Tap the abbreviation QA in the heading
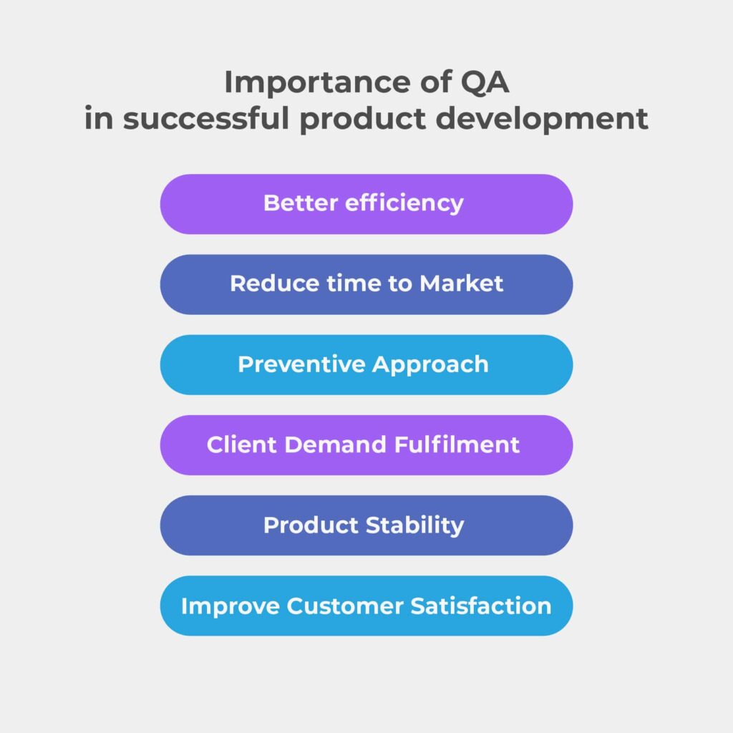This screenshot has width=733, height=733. [485, 82]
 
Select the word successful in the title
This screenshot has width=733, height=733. [206, 118]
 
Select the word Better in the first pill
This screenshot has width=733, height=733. [301, 203]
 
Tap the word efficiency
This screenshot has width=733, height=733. [404, 204]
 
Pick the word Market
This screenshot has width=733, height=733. [462, 283]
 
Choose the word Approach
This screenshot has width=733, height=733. [430, 365]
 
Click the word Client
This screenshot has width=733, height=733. [242, 444]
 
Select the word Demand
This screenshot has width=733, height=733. [335, 444]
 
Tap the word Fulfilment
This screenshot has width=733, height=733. [457, 444]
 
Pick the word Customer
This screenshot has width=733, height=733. [344, 606]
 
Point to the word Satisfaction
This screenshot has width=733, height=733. [481, 606]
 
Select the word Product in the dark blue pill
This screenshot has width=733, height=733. [311, 525]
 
